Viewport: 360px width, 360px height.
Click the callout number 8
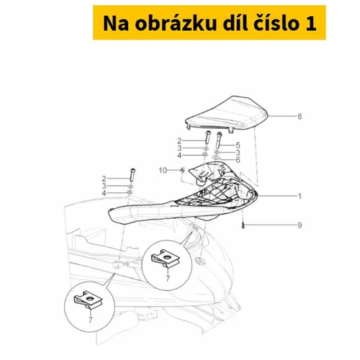click(300, 117)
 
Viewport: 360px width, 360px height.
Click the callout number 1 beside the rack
click(300, 196)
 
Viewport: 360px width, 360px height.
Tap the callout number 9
click(300, 225)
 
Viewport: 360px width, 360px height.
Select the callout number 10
click(163, 170)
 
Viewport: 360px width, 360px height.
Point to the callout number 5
click(238, 145)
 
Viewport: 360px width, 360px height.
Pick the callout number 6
click(238, 160)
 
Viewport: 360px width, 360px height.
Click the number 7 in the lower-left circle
click(90, 320)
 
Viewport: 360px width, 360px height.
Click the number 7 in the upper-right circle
click(168, 279)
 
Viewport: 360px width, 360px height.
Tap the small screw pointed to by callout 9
click(243, 225)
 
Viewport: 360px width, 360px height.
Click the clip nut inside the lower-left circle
click(88, 300)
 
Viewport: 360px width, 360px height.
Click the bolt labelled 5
click(219, 140)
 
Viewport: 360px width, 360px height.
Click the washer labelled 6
click(217, 157)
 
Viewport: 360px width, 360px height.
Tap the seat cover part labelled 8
click(227, 113)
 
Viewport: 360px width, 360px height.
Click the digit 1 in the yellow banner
click(311, 24)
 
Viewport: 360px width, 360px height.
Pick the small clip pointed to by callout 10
click(183, 170)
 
